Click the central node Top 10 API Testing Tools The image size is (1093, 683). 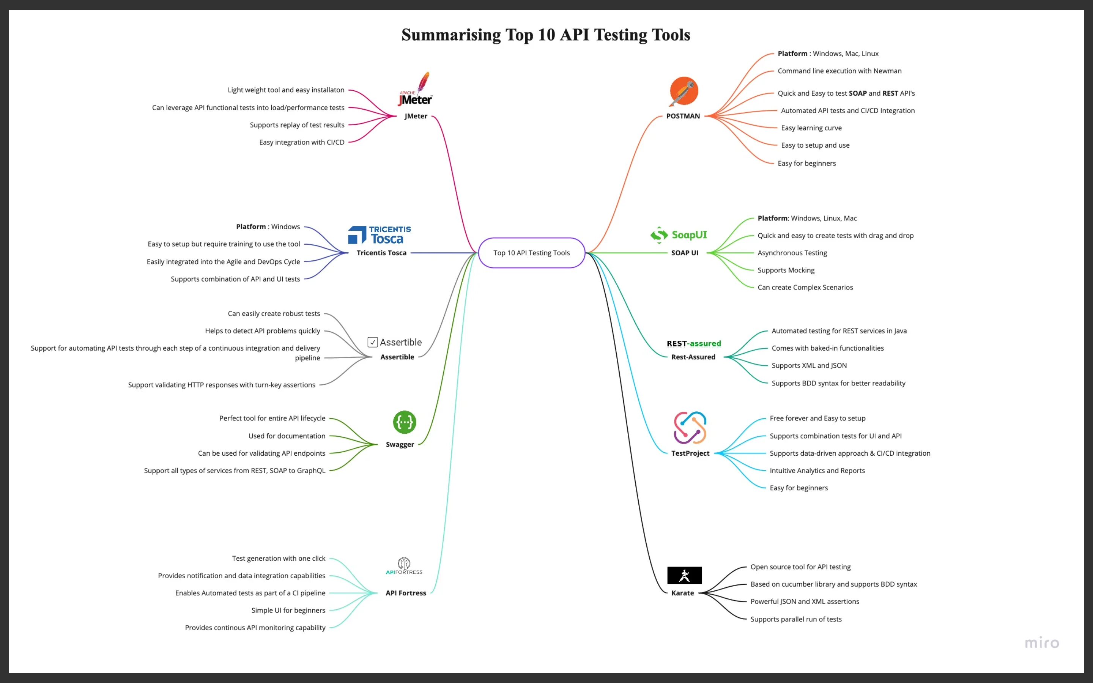click(x=531, y=253)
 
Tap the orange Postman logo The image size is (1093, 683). click(x=684, y=91)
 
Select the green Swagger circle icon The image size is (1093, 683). click(x=404, y=422)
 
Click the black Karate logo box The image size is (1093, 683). click(x=684, y=575)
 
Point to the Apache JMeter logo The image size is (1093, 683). click(x=415, y=90)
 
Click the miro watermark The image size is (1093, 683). click(x=1041, y=642)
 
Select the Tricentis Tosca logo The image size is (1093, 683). click(x=380, y=235)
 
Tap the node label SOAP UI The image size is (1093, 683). click(x=684, y=253)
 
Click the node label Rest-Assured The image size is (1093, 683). click(x=693, y=357)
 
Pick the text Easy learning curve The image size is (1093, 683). click(x=811, y=128)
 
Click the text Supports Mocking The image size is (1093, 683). click(x=786, y=270)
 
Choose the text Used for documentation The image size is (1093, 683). click(x=287, y=436)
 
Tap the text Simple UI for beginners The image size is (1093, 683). click(x=288, y=610)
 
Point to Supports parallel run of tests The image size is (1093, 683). click(x=796, y=619)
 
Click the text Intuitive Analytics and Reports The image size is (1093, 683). click(x=817, y=471)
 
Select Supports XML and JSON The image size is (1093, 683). click(x=809, y=365)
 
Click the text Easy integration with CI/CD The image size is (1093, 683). click(x=302, y=142)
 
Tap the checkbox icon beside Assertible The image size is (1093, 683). click(x=373, y=342)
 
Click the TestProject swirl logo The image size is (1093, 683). click(x=690, y=427)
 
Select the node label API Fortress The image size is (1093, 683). click(x=406, y=593)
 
